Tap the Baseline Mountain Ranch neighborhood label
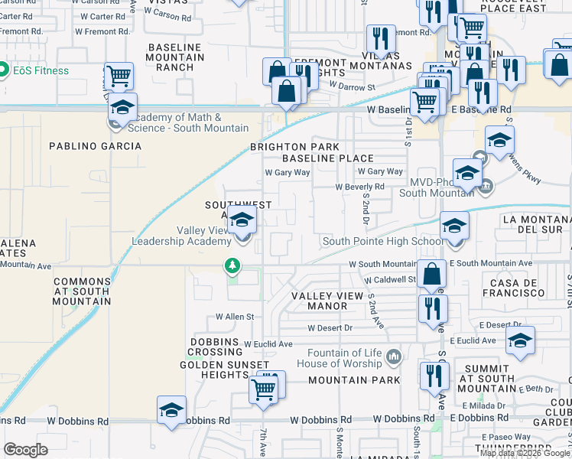coord(176,57)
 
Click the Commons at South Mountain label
coord(83,291)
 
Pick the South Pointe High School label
coord(382,241)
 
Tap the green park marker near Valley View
coord(232,265)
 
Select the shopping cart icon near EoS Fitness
coord(119,76)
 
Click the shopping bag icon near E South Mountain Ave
coord(432,273)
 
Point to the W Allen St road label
coord(234,316)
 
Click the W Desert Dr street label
coord(330,327)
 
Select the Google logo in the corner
coord(25,450)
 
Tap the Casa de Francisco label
coord(513,288)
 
